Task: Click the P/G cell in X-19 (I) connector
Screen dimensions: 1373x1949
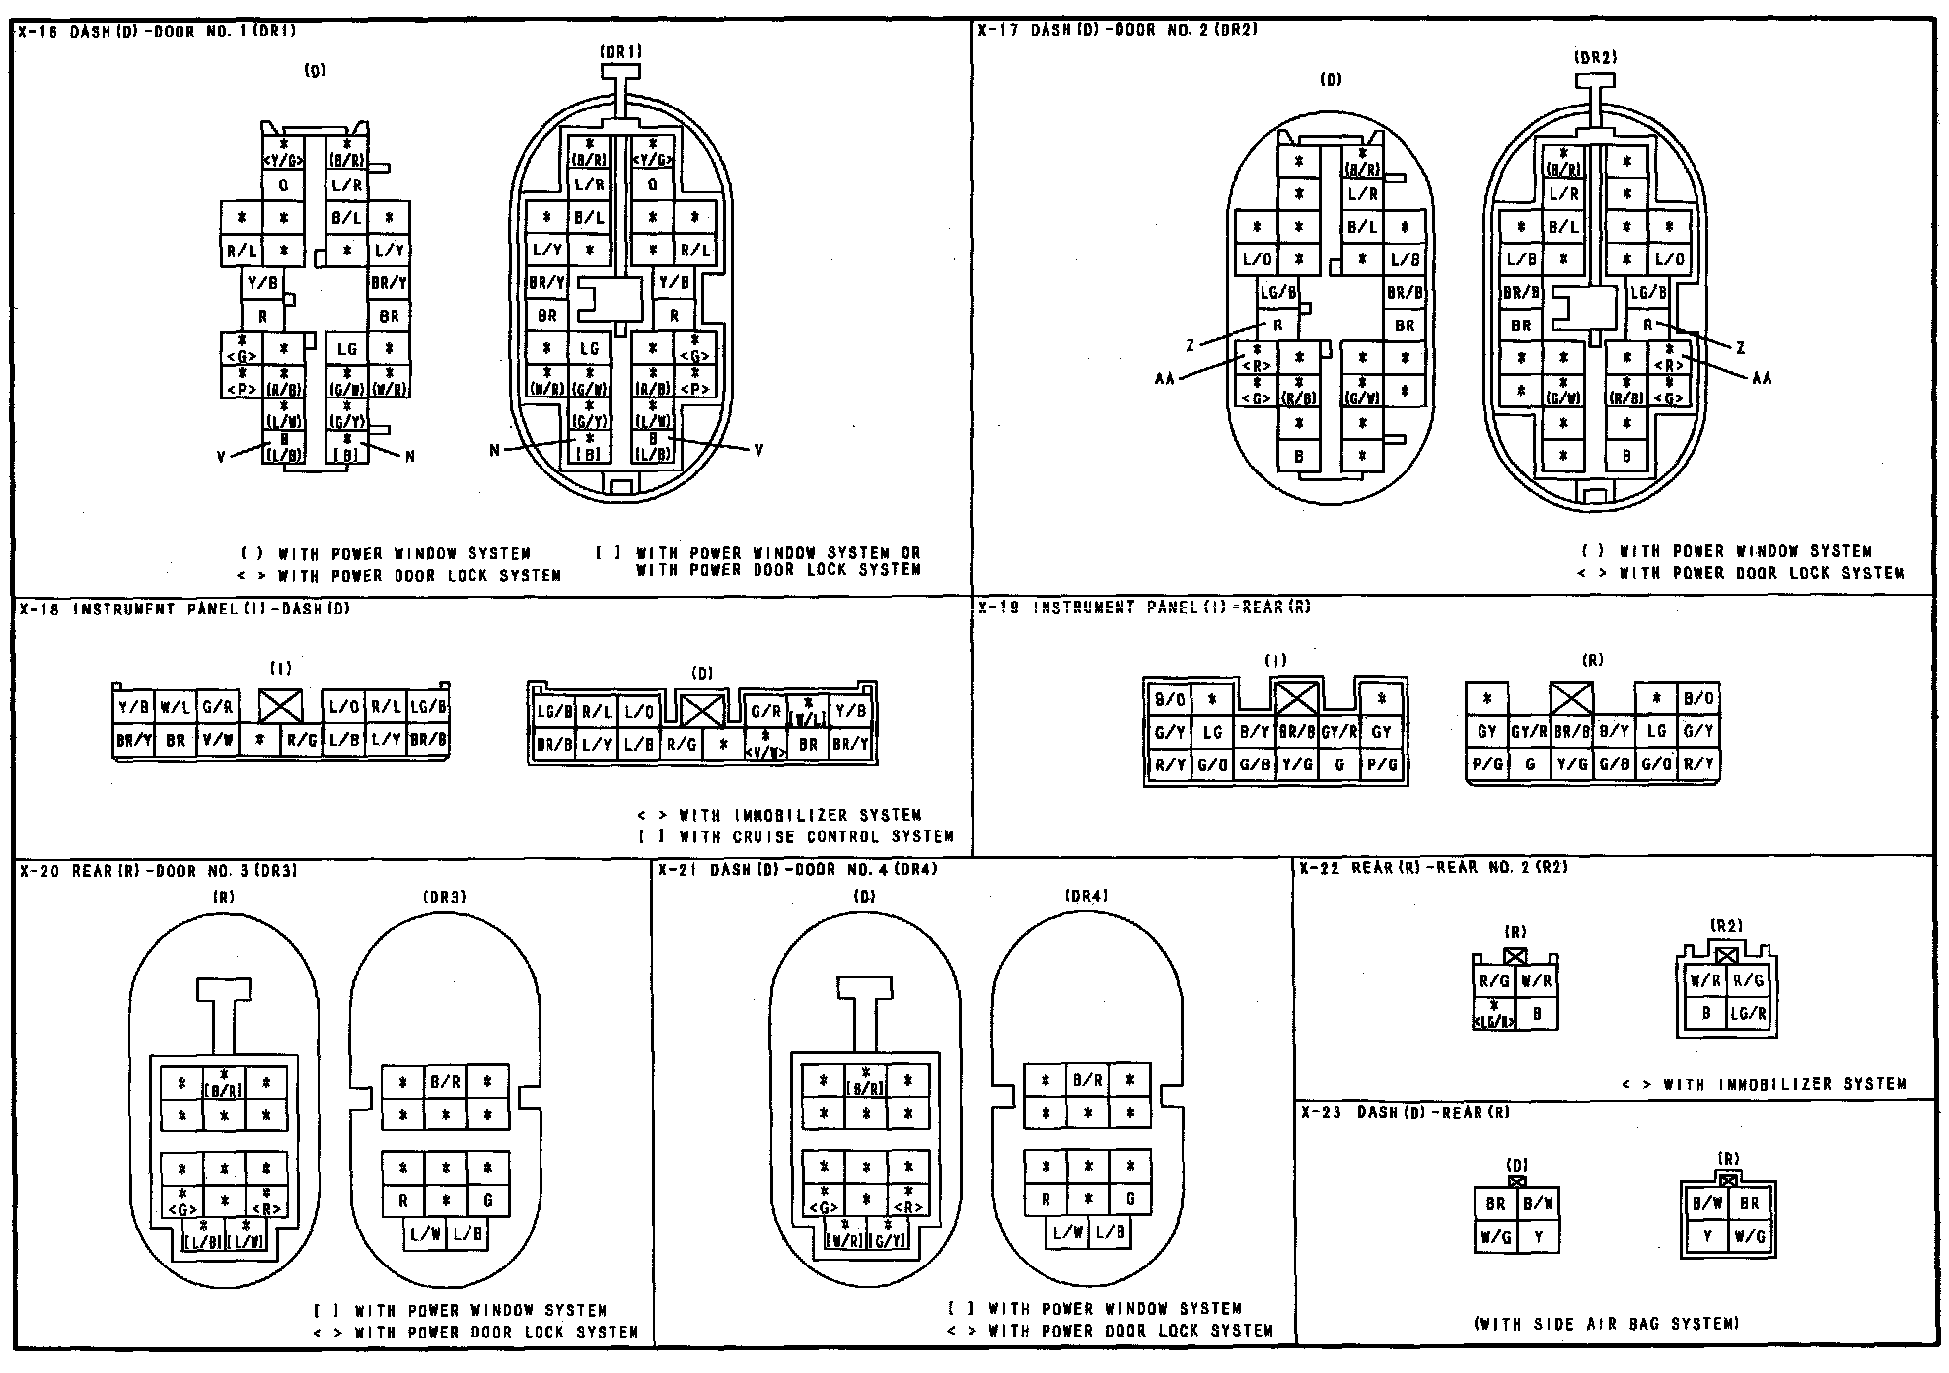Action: click(1381, 764)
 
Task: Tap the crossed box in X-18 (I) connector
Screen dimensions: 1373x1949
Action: click(281, 705)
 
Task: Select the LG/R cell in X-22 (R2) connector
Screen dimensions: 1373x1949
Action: click(1748, 1013)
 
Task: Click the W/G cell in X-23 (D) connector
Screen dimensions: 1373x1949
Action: click(1495, 1236)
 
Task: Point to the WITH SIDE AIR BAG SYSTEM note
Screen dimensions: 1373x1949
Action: click(1606, 1324)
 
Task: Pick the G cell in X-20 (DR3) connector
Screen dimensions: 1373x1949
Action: click(487, 1201)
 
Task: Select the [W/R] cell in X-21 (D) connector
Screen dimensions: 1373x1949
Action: click(844, 1238)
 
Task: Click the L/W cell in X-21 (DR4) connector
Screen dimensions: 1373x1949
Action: click(1066, 1232)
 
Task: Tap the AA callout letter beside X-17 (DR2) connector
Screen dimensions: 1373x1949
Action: click(1762, 378)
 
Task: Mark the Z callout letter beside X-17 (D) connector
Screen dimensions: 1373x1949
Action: click(1191, 345)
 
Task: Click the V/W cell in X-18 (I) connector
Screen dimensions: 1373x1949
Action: click(217, 740)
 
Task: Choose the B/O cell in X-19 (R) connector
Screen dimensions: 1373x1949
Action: click(1698, 699)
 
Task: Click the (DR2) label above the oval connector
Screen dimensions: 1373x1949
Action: click(1595, 58)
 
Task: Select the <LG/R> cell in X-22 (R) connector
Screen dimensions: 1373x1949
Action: click(1494, 1015)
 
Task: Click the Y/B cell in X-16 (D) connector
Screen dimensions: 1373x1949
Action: click(263, 283)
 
